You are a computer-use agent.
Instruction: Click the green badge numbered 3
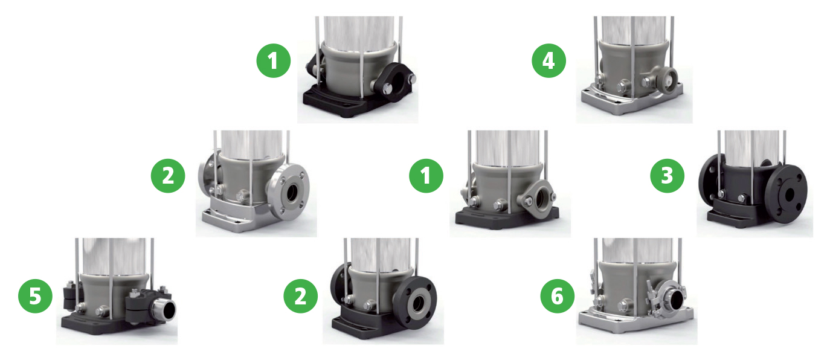(x=667, y=176)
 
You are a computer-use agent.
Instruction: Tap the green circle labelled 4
(x=549, y=60)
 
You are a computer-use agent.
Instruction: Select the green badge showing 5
(x=35, y=296)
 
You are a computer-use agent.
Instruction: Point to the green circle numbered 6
(x=558, y=296)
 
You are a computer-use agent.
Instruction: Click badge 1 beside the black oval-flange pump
(x=274, y=60)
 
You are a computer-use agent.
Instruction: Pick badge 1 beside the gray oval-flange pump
(x=426, y=176)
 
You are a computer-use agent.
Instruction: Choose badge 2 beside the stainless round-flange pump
(x=168, y=176)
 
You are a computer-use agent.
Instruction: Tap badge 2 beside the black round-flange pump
(x=300, y=296)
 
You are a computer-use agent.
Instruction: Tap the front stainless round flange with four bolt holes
(x=290, y=192)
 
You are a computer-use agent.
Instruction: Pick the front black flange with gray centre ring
(x=416, y=303)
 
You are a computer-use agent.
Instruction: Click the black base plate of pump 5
(x=111, y=326)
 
